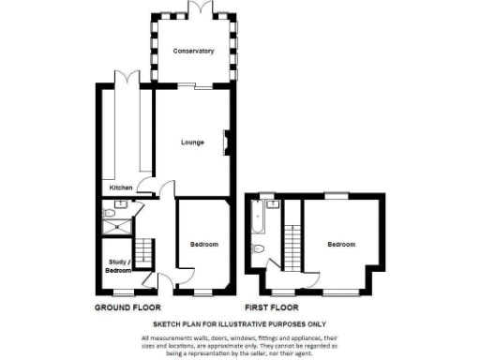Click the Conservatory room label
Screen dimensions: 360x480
pos(194,51)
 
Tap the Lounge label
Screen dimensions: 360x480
pos(193,142)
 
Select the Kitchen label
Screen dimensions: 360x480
pos(121,187)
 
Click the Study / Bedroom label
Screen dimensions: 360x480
pos(118,266)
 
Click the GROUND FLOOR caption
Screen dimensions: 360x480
pos(127,307)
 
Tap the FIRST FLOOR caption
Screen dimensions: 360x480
pos(271,307)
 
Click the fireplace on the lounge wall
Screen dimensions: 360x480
pos(225,142)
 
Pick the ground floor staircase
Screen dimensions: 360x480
pos(145,250)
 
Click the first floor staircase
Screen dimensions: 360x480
pos(293,246)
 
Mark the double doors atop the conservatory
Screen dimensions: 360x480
pos(199,7)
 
